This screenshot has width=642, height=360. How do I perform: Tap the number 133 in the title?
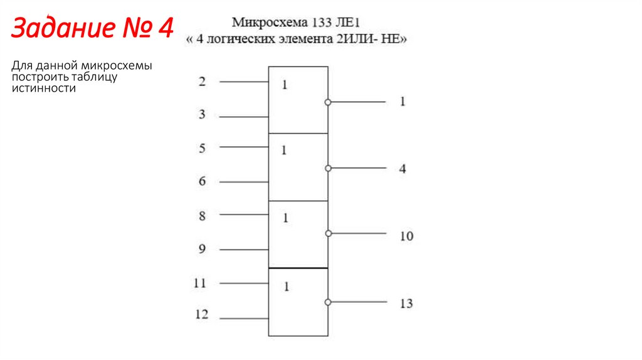click(318, 24)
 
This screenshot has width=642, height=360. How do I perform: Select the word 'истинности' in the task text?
click(43, 88)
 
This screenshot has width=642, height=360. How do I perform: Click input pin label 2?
click(202, 82)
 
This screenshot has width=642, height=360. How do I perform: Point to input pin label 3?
click(202, 115)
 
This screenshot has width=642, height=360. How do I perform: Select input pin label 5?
click(202, 149)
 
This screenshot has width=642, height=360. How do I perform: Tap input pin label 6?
click(202, 182)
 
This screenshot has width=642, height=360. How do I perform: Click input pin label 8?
click(202, 216)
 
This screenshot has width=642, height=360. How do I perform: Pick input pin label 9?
click(202, 249)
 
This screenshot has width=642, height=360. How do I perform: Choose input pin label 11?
click(200, 283)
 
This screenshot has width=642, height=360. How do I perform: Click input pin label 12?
click(201, 315)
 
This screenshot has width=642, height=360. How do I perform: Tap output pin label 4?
click(403, 169)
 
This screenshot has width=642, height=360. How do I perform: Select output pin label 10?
click(406, 236)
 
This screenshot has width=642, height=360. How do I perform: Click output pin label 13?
click(406, 304)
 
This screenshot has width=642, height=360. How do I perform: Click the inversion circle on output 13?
click(327, 302)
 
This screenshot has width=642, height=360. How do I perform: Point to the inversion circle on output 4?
click(327, 168)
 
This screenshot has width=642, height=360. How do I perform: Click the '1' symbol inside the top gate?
click(285, 85)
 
